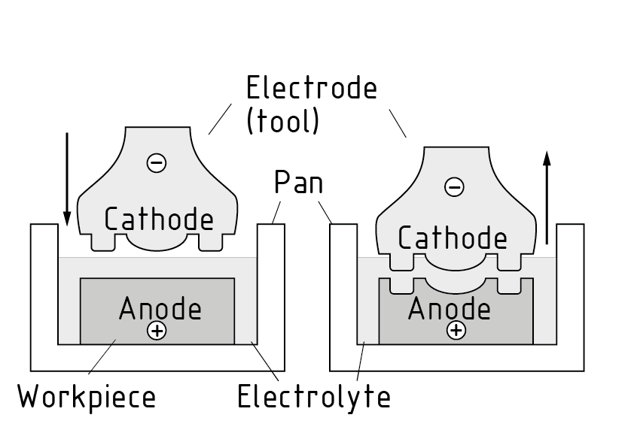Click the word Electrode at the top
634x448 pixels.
tap(311, 89)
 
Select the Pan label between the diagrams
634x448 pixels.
tap(297, 182)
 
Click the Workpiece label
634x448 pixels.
tap(87, 396)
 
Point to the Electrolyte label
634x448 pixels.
tap(314, 396)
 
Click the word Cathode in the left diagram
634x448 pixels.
tap(159, 219)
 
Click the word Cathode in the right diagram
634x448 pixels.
tap(452, 238)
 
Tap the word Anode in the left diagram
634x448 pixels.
tap(160, 308)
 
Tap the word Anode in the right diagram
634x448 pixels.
tap(450, 308)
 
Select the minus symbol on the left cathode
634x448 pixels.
tap(156, 162)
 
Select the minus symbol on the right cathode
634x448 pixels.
tap(455, 186)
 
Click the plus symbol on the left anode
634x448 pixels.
tap(157, 331)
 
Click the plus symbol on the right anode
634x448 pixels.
tap(455, 330)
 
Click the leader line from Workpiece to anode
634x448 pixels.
tap(101, 356)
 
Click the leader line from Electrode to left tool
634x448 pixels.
tap(219, 120)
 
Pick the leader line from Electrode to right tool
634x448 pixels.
tap(398, 122)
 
